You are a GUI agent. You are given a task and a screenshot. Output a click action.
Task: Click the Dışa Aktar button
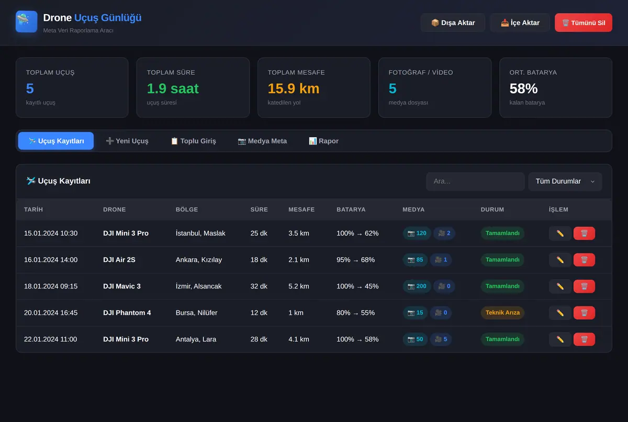[x=453, y=23]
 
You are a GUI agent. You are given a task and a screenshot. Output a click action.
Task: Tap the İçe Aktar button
[x=520, y=23]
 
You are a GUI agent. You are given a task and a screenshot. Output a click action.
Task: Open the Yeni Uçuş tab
[x=127, y=141]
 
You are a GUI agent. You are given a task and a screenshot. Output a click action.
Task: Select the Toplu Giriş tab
[x=194, y=141]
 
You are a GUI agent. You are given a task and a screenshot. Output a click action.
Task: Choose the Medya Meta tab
[x=262, y=141]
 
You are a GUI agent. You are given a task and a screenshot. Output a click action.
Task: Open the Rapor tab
[x=323, y=141]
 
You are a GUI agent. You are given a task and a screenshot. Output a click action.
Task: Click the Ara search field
[x=475, y=181]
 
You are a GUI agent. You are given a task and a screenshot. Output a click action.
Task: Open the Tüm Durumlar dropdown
[x=565, y=181]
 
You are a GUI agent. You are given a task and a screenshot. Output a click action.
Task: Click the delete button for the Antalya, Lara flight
[x=584, y=339]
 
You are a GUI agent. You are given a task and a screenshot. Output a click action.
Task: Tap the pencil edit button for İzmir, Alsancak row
[x=560, y=286]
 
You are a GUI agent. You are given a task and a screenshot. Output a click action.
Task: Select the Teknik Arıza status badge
[x=502, y=313]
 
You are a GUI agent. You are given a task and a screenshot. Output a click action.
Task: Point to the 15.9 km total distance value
[x=294, y=88]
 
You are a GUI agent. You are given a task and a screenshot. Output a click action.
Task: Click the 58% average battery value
[x=523, y=88]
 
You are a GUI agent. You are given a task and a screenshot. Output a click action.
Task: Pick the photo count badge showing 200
[x=417, y=286]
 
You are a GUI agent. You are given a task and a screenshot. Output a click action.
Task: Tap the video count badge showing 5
[x=441, y=339]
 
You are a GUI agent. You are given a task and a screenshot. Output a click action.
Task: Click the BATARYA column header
[x=351, y=209]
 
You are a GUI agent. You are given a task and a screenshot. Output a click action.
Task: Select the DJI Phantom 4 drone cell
[x=127, y=313]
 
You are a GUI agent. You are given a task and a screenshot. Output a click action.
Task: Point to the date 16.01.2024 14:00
[x=51, y=260]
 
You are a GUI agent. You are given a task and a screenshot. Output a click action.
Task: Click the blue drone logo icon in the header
[x=26, y=21]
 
